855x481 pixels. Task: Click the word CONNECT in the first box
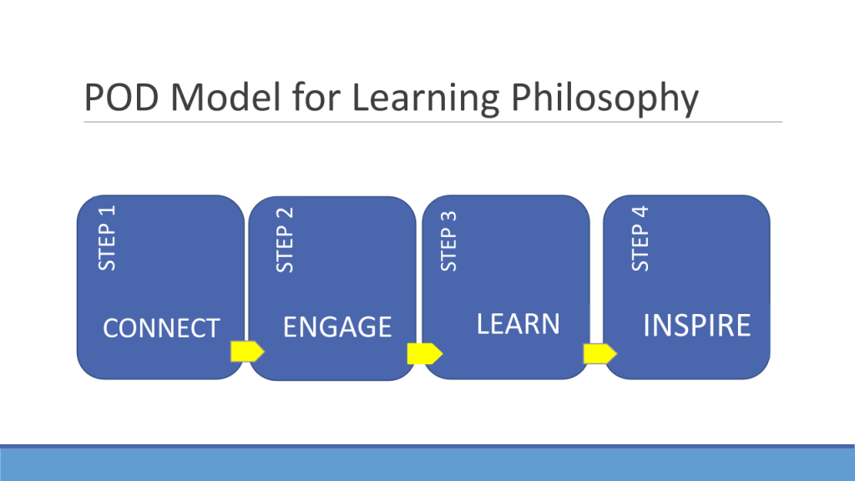tap(160, 328)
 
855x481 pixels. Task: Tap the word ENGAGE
tap(337, 327)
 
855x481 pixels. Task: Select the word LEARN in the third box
tap(518, 323)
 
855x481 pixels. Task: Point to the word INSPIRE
tap(696, 326)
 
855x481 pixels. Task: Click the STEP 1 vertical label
tap(108, 237)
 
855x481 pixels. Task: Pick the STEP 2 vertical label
tap(286, 240)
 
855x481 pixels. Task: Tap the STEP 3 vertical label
tap(449, 240)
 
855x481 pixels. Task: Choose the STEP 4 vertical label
tap(640, 239)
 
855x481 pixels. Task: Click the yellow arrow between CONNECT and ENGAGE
tap(247, 352)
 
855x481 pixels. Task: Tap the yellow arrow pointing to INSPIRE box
tap(600, 354)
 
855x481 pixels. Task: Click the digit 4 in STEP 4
tap(640, 210)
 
